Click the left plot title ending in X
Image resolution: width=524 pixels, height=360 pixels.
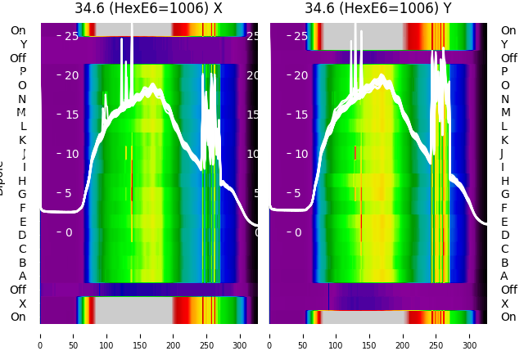[x=148, y=9]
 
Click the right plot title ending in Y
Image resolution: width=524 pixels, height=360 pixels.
[x=378, y=9]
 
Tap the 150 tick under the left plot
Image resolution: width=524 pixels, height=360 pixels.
[x=140, y=335]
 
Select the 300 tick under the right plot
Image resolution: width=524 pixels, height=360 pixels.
[x=470, y=335]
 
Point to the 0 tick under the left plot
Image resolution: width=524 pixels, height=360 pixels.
[x=40, y=335]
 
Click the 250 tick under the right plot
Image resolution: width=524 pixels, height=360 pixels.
[x=436, y=335]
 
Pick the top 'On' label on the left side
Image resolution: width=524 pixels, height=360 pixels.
[x=18, y=30]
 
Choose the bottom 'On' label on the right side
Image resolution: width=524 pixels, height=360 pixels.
[x=508, y=317]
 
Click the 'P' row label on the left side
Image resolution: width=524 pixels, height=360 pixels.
[x=22, y=72]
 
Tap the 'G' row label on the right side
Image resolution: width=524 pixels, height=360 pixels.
[x=505, y=194]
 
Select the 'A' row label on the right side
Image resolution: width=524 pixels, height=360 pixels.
[x=504, y=276]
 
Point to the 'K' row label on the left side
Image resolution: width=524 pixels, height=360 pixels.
[x=22, y=140]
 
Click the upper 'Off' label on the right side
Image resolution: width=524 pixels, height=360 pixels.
[x=508, y=58]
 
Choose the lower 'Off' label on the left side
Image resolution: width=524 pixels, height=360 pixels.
[x=18, y=290]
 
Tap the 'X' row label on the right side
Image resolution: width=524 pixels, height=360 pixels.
[x=504, y=304]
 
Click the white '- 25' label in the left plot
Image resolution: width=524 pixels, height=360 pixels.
[x=67, y=36]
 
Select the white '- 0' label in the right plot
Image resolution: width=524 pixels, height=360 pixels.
[x=296, y=232]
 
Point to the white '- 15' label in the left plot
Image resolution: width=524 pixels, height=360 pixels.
[x=67, y=115]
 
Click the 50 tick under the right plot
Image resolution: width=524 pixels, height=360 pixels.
[x=303, y=335]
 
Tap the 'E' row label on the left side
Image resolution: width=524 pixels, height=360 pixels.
[x=22, y=222]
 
